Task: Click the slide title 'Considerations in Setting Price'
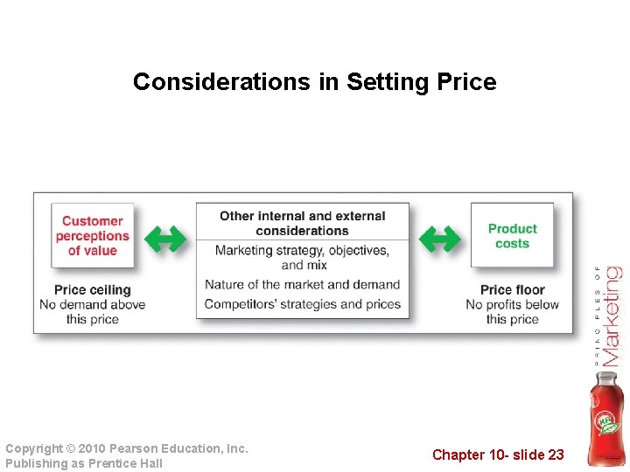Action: click(314, 82)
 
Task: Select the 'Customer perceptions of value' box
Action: click(92, 236)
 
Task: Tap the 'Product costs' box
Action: click(512, 236)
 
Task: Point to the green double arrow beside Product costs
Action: click(440, 238)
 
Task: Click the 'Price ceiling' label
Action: click(92, 289)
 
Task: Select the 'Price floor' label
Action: click(512, 289)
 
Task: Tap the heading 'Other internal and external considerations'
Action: click(302, 223)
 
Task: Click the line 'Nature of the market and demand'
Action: click(302, 284)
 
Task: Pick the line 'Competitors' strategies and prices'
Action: click(302, 304)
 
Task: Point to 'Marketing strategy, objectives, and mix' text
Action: click(302, 258)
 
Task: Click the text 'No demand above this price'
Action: click(92, 311)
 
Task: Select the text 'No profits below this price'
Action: click(512, 311)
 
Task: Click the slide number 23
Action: click(556, 455)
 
